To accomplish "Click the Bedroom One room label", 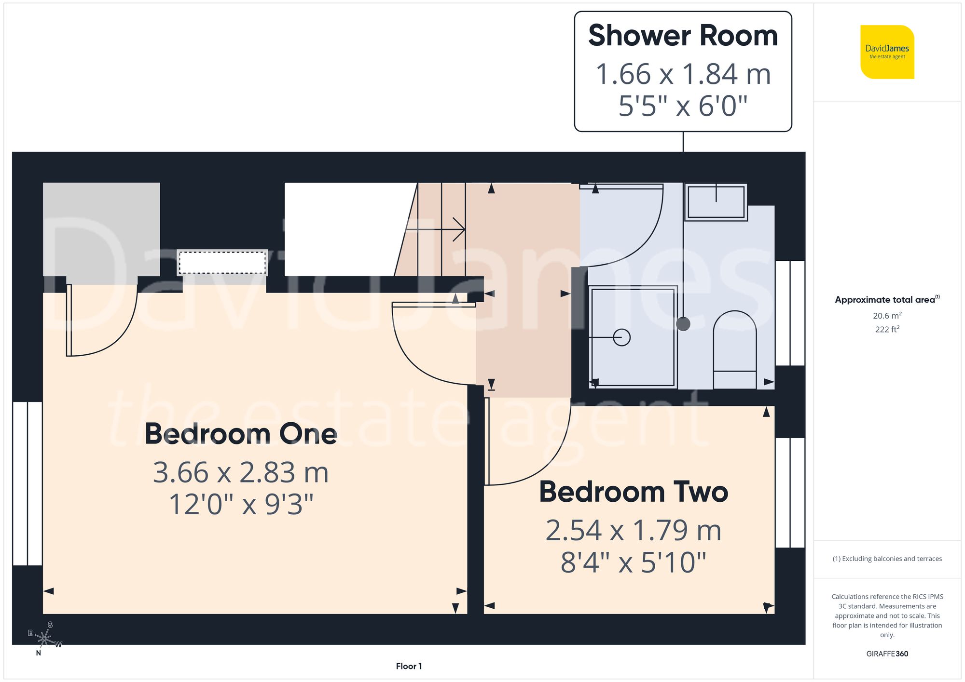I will click(241, 433).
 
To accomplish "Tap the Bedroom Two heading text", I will click(633, 492).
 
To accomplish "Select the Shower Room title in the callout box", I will click(683, 36).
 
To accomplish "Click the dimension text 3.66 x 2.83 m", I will click(241, 472).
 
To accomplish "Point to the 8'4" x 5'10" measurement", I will click(633, 562).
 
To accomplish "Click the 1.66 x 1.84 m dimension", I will click(683, 74).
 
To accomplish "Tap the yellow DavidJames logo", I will click(887, 52).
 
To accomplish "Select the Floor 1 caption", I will click(409, 666).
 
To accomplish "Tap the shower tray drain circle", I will click(621, 337).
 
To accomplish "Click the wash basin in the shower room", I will click(716, 202).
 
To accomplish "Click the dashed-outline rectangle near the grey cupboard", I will click(222, 263).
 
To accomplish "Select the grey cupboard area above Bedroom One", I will click(101, 229).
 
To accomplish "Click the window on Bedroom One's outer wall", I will click(28, 483).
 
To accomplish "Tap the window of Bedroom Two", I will click(790, 492).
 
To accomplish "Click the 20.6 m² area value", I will click(887, 316).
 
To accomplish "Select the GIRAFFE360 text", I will click(887, 654).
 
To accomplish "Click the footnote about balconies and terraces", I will click(887, 559).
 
